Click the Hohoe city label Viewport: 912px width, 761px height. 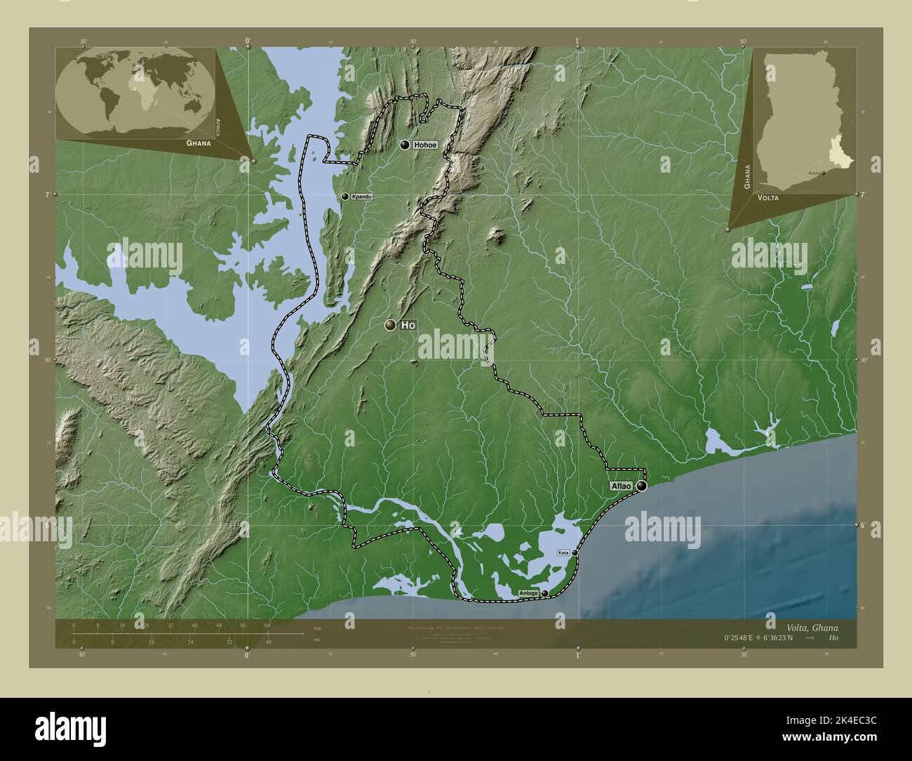tap(426, 145)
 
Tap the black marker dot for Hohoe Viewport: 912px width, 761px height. tap(405, 145)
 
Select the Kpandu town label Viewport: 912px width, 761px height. tap(361, 197)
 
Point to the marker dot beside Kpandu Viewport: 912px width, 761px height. tap(344, 197)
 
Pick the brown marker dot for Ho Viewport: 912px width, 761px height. tap(389, 325)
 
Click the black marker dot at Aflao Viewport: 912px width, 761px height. tap(641, 485)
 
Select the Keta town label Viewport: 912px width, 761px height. tap(563, 553)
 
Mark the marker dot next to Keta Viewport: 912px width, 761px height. tap(575, 553)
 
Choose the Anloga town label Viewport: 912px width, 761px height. tap(529, 594)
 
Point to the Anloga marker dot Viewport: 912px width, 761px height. tap(544, 594)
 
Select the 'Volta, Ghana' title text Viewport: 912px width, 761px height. tap(812, 627)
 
